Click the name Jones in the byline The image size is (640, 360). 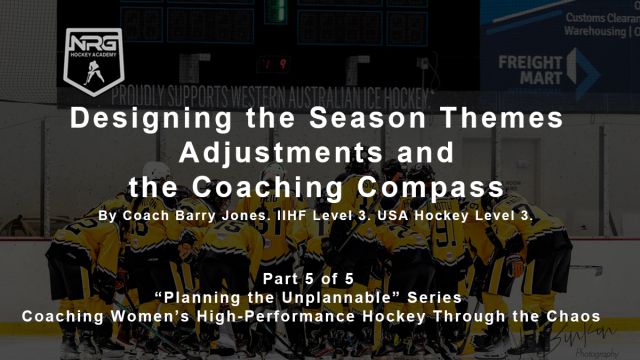pyautogui.click(x=247, y=215)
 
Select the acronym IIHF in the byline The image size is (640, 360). pyautogui.click(x=293, y=215)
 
